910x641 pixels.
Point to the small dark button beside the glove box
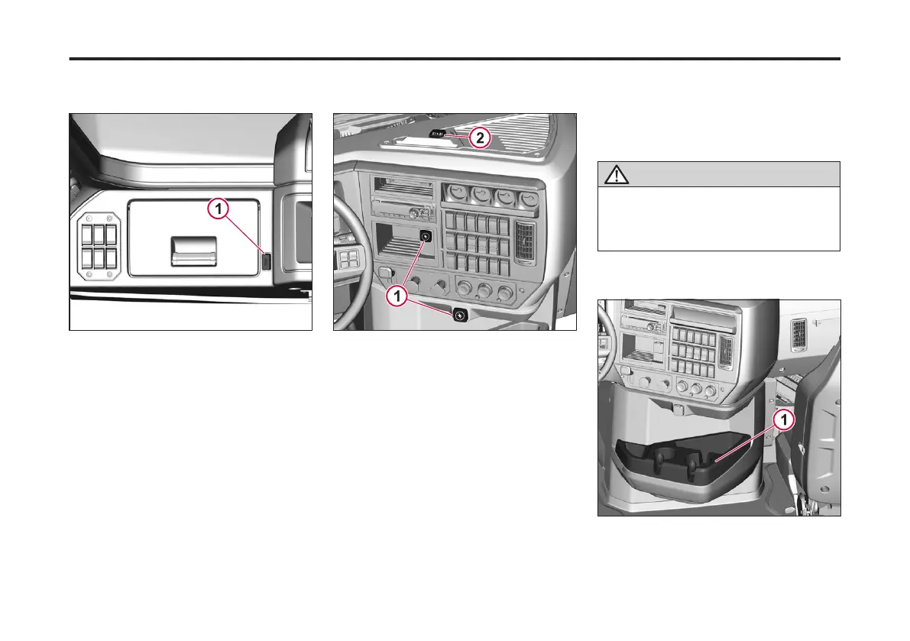click(x=266, y=261)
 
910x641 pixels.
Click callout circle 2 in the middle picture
click(x=478, y=138)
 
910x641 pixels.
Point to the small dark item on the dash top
click(x=438, y=135)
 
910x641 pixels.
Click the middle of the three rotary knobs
click(x=483, y=291)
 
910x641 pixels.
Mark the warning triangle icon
click(x=613, y=175)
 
